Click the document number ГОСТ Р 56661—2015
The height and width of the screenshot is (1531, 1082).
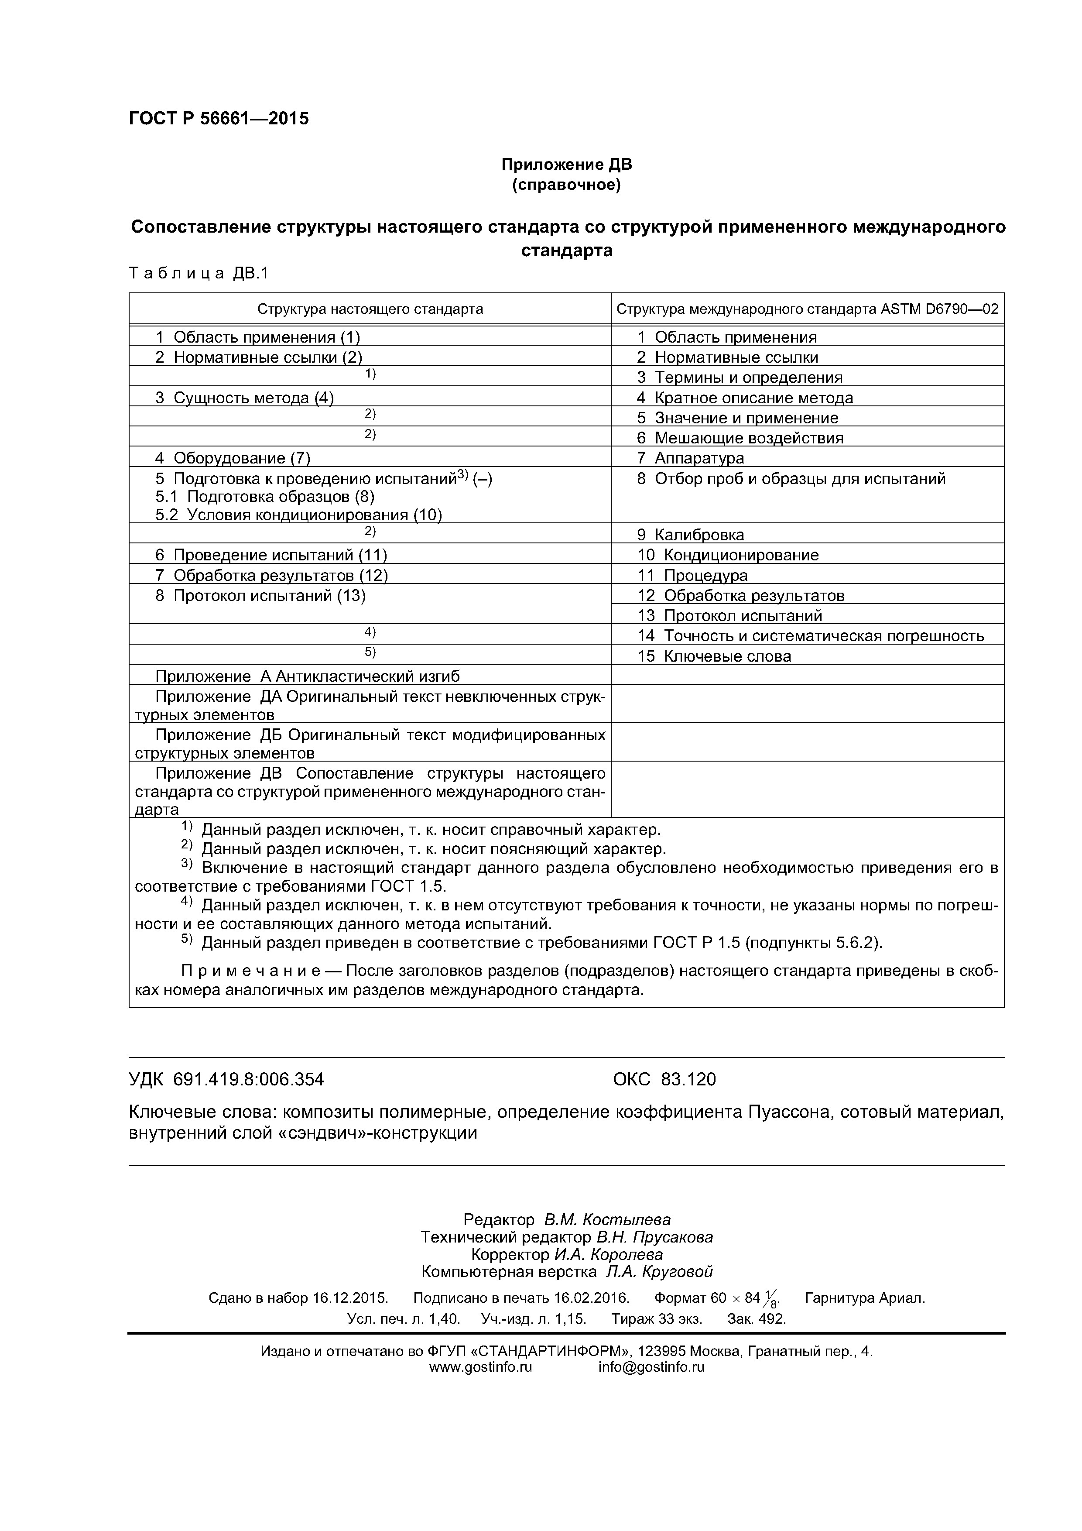(x=219, y=119)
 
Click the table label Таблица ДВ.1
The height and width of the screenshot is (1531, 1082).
(x=198, y=273)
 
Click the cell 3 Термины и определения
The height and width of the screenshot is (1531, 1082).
(x=740, y=378)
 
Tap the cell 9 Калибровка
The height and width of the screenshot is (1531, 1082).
(x=690, y=535)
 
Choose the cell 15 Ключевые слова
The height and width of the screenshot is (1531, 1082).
(x=713, y=656)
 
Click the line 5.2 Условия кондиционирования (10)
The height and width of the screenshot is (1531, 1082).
(x=299, y=515)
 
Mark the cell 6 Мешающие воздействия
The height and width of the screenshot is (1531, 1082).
(x=740, y=438)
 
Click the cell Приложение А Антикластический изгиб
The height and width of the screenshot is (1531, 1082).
(x=307, y=676)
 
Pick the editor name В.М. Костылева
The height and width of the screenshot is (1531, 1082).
(x=607, y=1219)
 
